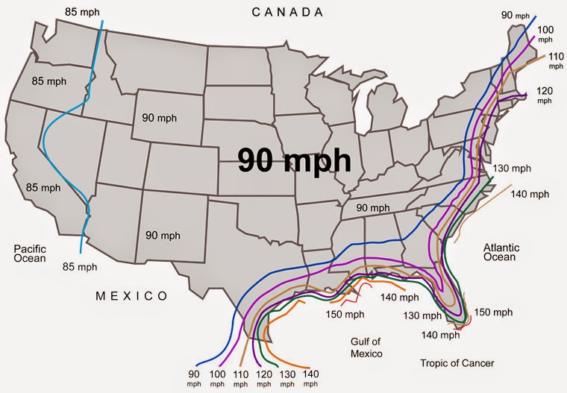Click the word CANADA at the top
288,12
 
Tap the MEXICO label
131,296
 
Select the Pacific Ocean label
30,254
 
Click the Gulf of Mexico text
366,347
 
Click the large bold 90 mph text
294,160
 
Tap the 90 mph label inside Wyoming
160,118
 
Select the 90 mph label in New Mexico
163,235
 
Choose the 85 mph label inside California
43,187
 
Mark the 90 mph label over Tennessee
372,207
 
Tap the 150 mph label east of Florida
493,312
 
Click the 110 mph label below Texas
241,377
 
